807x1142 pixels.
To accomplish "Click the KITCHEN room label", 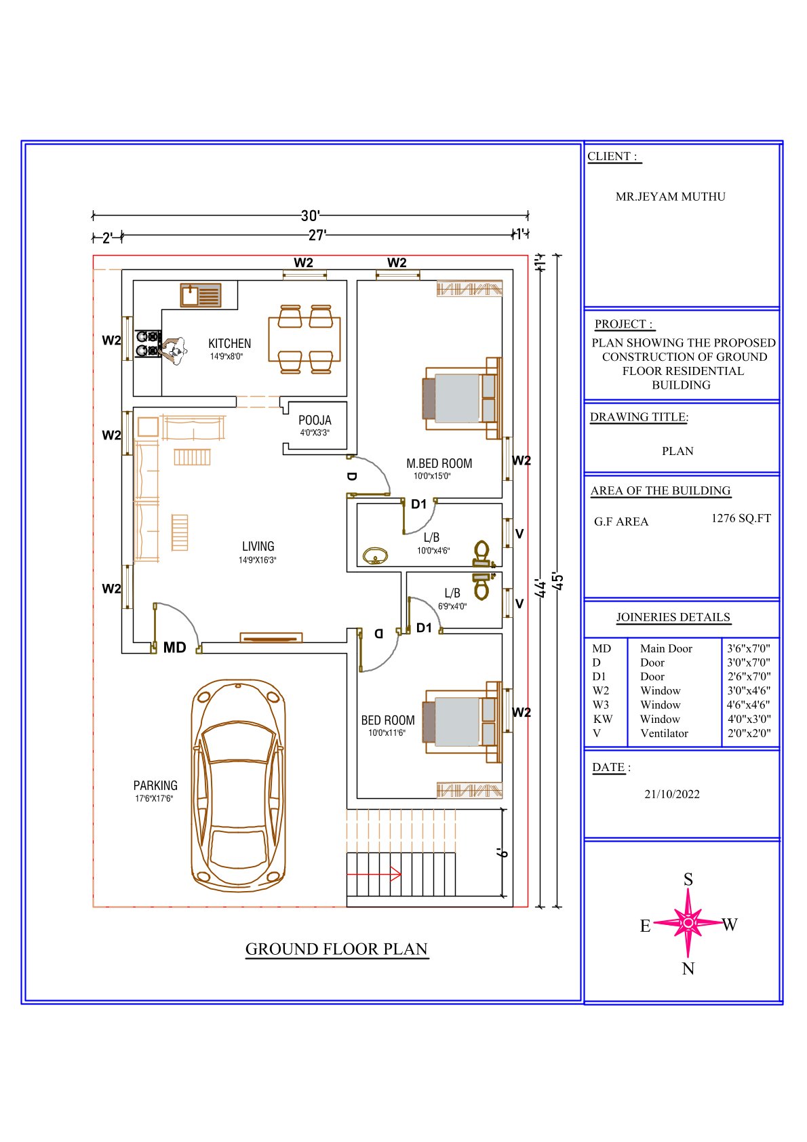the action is pyautogui.click(x=229, y=343).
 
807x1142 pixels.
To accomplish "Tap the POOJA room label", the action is pyautogui.click(x=315, y=420).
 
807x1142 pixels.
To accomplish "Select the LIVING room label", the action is pyautogui.click(x=258, y=546).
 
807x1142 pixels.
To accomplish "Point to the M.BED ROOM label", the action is pyautogui.click(x=439, y=463).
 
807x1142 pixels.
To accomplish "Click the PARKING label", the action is pyautogui.click(x=155, y=785).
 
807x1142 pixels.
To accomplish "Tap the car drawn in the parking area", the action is pyautogui.click(x=238, y=786).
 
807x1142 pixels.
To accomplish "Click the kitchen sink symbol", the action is pyautogui.click(x=200, y=295).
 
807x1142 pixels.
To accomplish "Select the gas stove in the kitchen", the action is pyautogui.click(x=148, y=344).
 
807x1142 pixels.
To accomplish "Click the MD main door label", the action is pyautogui.click(x=174, y=648).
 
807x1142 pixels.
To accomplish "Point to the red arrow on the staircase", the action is pyautogui.click(x=374, y=874).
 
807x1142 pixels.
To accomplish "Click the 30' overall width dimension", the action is pyautogui.click(x=310, y=216).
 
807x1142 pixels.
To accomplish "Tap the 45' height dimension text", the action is pyautogui.click(x=558, y=582).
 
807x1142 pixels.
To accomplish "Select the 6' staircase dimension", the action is pyautogui.click(x=502, y=853).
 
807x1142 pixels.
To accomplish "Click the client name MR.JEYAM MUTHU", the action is pyautogui.click(x=670, y=197).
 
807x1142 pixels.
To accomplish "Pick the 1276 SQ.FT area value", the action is pyautogui.click(x=741, y=518).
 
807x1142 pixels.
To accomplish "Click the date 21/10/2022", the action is pyautogui.click(x=672, y=794).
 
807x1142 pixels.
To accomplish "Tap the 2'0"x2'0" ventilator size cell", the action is pyautogui.click(x=749, y=733).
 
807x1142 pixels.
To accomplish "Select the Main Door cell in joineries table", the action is pyautogui.click(x=666, y=648).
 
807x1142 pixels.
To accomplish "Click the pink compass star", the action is pyautogui.click(x=688, y=923).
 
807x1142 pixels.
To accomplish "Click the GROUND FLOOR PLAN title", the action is pyautogui.click(x=336, y=949).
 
